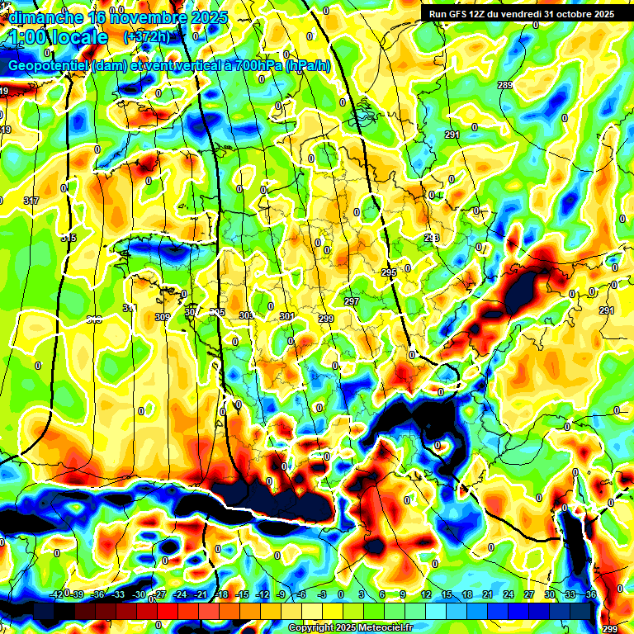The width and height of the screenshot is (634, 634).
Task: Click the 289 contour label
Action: point(505,86)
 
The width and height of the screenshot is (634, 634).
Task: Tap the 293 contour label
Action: point(432,238)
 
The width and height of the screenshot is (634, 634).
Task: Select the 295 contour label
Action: point(389,272)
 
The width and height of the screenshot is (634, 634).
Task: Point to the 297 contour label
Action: point(352,301)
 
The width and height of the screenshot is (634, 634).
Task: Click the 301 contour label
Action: point(286,316)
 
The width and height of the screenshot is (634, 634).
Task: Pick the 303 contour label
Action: point(247,315)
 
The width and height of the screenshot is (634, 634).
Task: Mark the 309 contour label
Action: point(162,317)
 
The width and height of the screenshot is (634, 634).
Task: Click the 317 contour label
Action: point(31,201)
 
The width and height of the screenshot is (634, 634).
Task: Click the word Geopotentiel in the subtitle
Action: point(49,66)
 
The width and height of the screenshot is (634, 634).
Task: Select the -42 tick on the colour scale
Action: point(57,594)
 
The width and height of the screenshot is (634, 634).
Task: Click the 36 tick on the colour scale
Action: point(590,594)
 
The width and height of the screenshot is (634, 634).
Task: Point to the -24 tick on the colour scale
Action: point(180,594)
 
